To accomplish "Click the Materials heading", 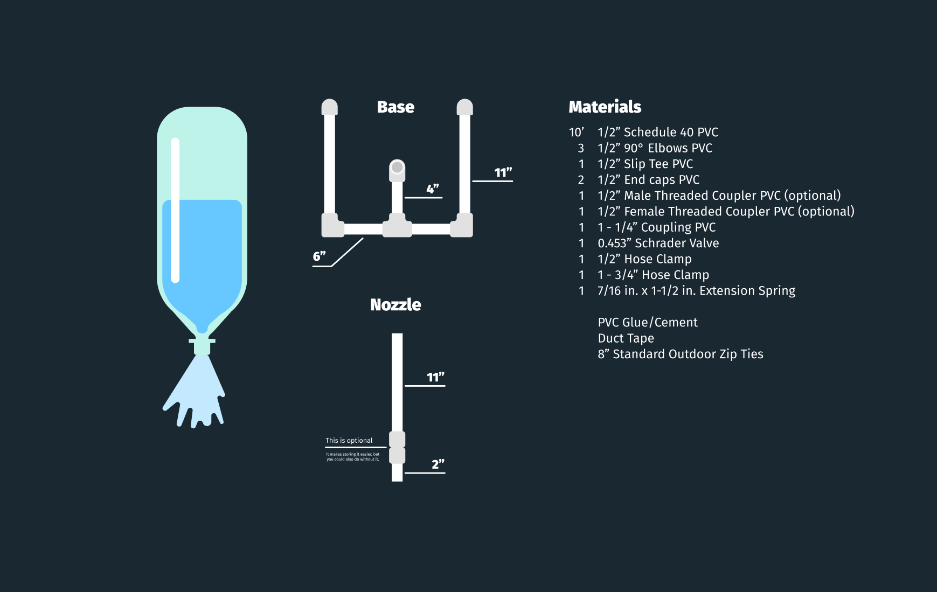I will (x=605, y=107).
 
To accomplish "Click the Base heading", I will (x=395, y=107).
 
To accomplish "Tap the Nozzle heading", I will (x=395, y=304).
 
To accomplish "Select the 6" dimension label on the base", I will (x=319, y=256).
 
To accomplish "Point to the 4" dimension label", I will (x=432, y=189).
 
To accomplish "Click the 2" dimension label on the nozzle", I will (x=438, y=464).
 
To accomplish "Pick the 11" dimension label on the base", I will (x=503, y=172).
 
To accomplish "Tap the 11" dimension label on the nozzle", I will (x=435, y=377).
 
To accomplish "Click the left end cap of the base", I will (x=330, y=107).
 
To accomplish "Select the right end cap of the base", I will (x=464, y=107).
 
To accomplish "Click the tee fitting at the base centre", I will (x=397, y=226).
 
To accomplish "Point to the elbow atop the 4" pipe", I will (x=397, y=170).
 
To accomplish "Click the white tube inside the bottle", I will (x=175, y=210).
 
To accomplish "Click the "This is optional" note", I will (x=349, y=441).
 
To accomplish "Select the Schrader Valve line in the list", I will (x=658, y=243).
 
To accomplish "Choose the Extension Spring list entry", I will (x=696, y=291).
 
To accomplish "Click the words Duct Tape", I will (x=626, y=338).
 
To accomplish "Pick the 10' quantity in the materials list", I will (x=576, y=132).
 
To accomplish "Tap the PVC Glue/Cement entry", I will (x=647, y=322).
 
